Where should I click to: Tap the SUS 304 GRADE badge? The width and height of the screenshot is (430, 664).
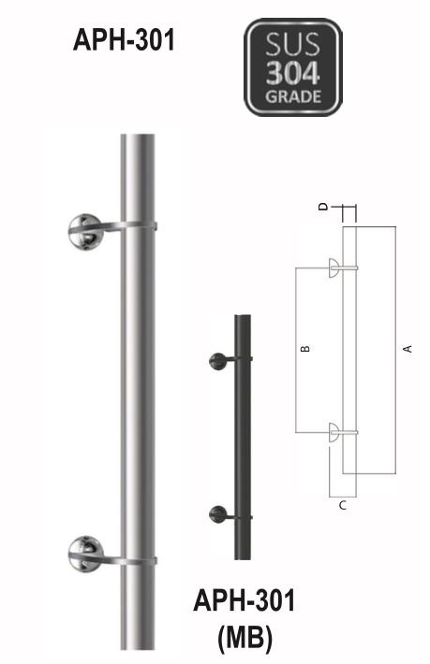[293, 68]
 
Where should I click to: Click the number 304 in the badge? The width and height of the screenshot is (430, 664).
[294, 72]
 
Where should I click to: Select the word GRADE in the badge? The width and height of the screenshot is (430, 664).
[293, 95]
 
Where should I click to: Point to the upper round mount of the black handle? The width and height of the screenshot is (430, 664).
[217, 360]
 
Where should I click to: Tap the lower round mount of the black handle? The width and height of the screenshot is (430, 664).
[217, 512]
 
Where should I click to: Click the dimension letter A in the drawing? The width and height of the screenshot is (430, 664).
[407, 349]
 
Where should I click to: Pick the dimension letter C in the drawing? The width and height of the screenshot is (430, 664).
[343, 505]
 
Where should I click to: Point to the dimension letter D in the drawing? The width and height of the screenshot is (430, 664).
[323, 208]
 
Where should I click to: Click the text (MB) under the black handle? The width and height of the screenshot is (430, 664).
[244, 640]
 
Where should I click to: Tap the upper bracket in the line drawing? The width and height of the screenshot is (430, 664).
[335, 269]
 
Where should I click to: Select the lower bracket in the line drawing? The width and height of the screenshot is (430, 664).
[335, 431]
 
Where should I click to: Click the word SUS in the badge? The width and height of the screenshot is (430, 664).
[293, 44]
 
